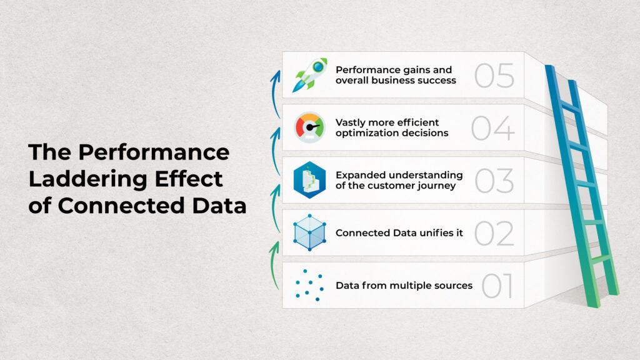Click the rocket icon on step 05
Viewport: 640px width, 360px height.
click(x=311, y=75)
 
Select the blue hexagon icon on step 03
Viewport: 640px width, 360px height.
click(x=309, y=180)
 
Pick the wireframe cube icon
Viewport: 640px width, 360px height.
click(x=309, y=233)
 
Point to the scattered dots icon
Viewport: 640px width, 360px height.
click(x=309, y=286)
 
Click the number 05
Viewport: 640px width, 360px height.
click(x=494, y=75)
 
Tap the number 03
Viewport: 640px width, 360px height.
click(x=494, y=180)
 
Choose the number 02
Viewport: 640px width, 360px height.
click(x=494, y=233)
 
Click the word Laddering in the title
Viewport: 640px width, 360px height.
click(x=82, y=179)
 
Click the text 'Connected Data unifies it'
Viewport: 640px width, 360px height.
click(x=399, y=233)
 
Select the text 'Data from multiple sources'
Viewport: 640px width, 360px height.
click(x=404, y=286)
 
